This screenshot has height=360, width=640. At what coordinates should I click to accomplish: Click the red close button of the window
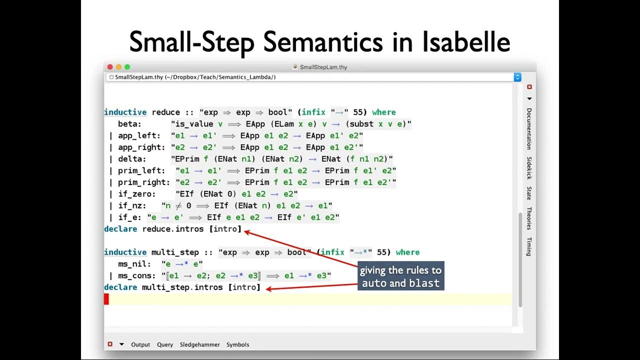(110, 66)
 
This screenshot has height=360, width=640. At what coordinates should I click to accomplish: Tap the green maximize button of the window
(127, 66)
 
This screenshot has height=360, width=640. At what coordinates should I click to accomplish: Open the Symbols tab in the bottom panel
(237, 344)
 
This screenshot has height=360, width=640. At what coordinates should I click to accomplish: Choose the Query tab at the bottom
(165, 344)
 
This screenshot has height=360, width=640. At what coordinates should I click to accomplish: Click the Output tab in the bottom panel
(140, 344)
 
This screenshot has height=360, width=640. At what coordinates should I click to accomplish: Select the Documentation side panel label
(529, 128)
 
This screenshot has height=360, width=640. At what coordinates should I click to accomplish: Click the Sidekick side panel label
(529, 168)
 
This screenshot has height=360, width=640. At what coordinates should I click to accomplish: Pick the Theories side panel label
(529, 218)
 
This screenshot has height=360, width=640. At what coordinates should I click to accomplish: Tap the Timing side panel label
(529, 246)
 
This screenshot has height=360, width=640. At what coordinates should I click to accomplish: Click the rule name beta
(130, 124)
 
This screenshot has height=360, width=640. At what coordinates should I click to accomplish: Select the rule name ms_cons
(136, 275)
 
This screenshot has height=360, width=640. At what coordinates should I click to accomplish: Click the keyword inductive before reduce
(125, 112)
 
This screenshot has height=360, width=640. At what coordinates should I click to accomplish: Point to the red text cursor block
(106, 299)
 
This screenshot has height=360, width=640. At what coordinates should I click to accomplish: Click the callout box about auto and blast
(400, 276)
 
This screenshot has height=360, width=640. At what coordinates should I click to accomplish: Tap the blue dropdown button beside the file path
(517, 77)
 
